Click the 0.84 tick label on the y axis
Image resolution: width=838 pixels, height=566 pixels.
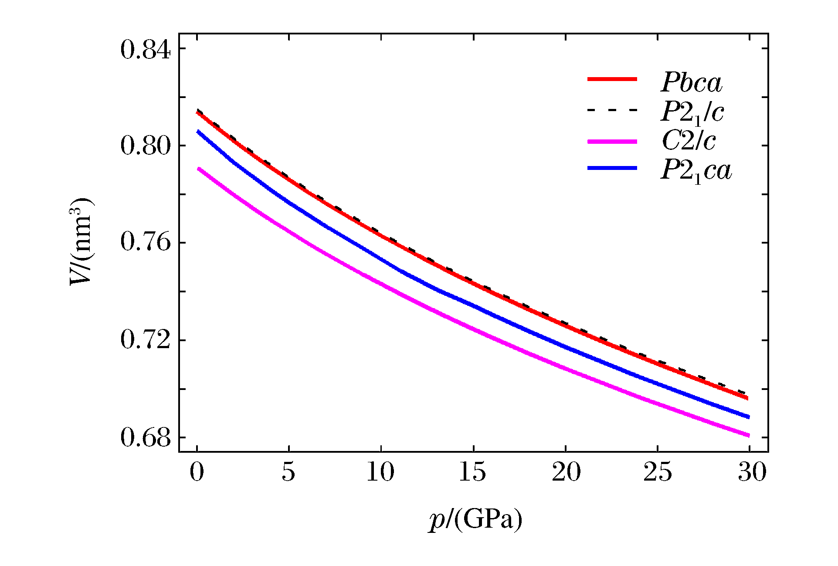pyautogui.click(x=146, y=50)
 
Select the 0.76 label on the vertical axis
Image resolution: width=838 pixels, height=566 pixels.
pyautogui.click(x=146, y=243)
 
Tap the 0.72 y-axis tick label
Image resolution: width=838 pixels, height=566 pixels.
pyautogui.click(x=146, y=340)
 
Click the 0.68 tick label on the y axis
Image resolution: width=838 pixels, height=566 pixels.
pyautogui.click(x=146, y=437)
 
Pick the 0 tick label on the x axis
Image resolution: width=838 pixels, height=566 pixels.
pyautogui.click(x=197, y=472)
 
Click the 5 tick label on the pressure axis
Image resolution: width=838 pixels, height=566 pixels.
pyautogui.click(x=288, y=472)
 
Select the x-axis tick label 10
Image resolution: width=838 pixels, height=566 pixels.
pyautogui.click(x=380, y=472)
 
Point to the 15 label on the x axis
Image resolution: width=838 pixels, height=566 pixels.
pyautogui.click(x=473, y=472)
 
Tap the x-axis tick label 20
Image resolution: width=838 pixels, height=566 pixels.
pyautogui.click(x=566, y=472)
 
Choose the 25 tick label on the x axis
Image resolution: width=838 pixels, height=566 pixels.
pyautogui.click(x=658, y=472)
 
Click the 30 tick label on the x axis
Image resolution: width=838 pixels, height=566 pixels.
pyautogui.click(x=751, y=472)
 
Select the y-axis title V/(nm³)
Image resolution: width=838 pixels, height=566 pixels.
pyautogui.click(x=81, y=242)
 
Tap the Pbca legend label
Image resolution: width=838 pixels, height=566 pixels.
pyautogui.click(x=692, y=82)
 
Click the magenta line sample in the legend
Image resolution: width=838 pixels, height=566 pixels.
pyautogui.click(x=612, y=142)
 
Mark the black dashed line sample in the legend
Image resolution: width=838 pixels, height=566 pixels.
pyautogui.click(x=612, y=110)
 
